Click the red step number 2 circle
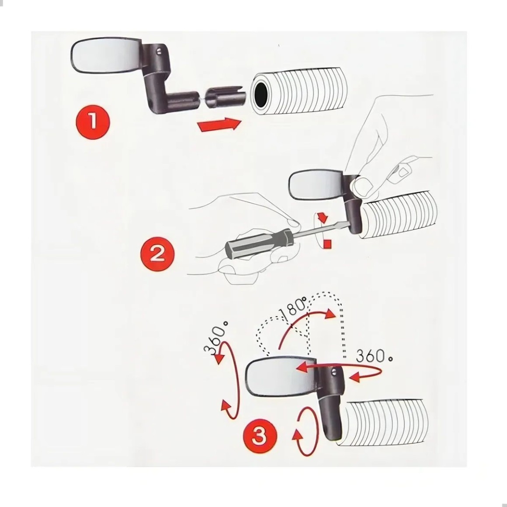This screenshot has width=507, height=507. (x=157, y=254)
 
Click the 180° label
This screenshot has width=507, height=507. (x=293, y=307)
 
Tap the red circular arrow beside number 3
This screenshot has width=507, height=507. (x=305, y=431)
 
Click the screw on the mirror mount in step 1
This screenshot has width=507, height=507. (x=158, y=51)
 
